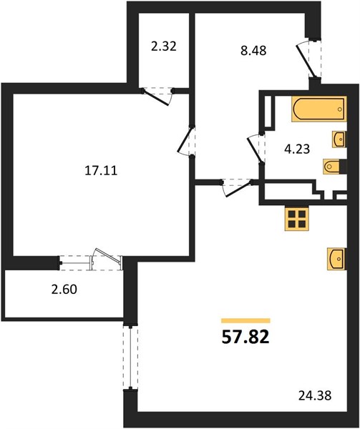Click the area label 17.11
coord(101,171)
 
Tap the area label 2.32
coord(163,46)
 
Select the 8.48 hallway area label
coord(253,51)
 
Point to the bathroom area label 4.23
coord(297,149)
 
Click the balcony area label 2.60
coord(64,289)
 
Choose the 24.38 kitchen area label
coord(315,395)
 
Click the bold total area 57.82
coord(245,337)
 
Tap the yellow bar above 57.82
coord(245,320)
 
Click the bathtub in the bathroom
coord(319,109)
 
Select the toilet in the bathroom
coord(335,166)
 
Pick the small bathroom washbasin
coord(339,139)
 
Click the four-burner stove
coord(297,218)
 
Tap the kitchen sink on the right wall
coord(337,259)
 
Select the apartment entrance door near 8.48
coord(308,59)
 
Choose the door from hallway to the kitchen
coord(237,187)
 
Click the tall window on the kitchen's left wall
coord(131,358)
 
